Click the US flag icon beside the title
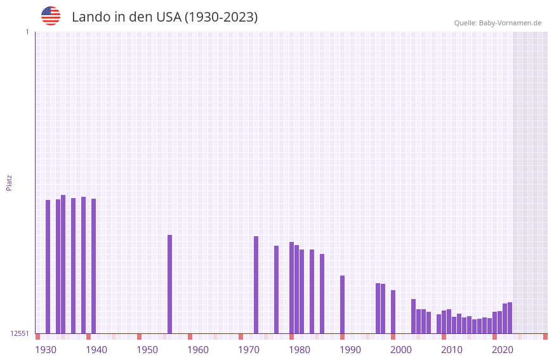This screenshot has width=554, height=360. pyautogui.click(x=51, y=16)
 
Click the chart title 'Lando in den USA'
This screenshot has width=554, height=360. pyautogui.click(x=164, y=17)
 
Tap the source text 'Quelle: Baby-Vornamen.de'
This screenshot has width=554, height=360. pyautogui.click(x=498, y=23)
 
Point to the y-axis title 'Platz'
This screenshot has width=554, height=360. pyautogui.click(x=9, y=182)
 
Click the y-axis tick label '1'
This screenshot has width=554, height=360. pyautogui.click(x=27, y=32)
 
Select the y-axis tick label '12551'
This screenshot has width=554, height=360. pyautogui.click(x=20, y=333)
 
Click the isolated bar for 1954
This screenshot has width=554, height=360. pyautogui.click(x=169, y=284)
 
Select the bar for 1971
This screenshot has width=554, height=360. pyautogui.click(x=256, y=284)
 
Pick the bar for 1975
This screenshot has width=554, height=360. pyautogui.click(x=276, y=289)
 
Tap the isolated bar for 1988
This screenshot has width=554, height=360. pyautogui.click(x=342, y=304)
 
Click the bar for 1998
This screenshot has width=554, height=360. pyautogui.click(x=393, y=311)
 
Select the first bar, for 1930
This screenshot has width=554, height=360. pyautogui.click(x=48, y=267)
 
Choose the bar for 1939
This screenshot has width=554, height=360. pyautogui.click(x=93, y=266)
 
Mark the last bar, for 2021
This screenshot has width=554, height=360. pyautogui.click(x=510, y=317)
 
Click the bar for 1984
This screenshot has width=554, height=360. pyautogui.click(x=322, y=293)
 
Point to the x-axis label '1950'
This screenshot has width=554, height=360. pyautogui.click(x=147, y=350)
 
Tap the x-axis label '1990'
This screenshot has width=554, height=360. pyautogui.click(x=350, y=350)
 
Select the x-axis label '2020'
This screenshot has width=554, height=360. pyautogui.click(x=503, y=350)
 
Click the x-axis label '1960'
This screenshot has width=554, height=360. pyautogui.click(x=198, y=350)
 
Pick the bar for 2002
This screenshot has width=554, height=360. pyautogui.click(x=413, y=316)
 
